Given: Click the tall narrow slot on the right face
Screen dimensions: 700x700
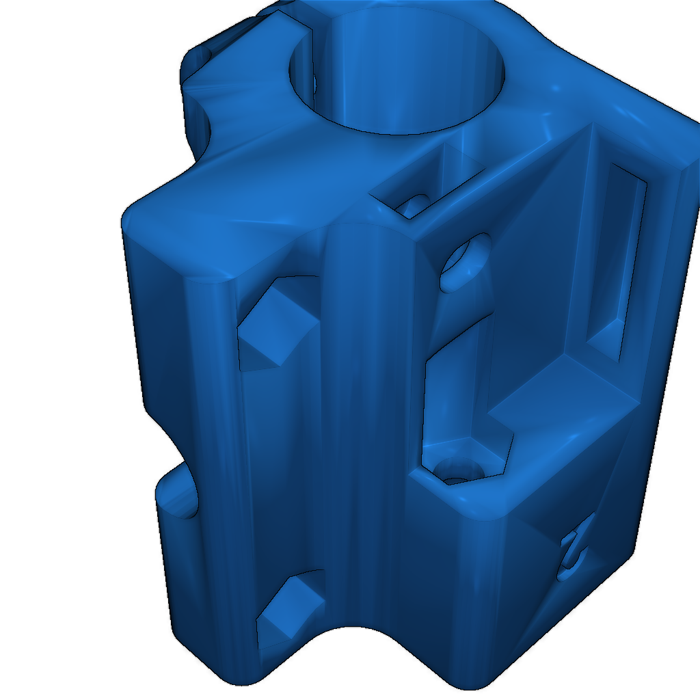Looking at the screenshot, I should pos(619,260).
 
